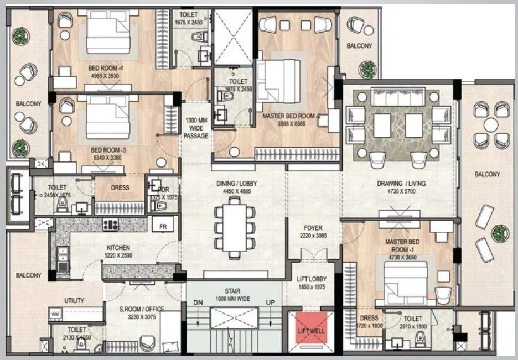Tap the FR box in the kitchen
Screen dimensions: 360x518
[x=163, y=226]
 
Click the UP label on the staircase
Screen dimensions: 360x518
[x=271, y=302]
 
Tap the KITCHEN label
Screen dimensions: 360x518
[x=118, y=248]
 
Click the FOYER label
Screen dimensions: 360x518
[x=313, y=228]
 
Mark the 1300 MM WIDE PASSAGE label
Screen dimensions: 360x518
[x=196, y=128]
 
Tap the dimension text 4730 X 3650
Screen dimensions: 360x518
[x=402, y=257]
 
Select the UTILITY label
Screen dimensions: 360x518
[x=75, y=301]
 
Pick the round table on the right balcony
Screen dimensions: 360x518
[x=490, y=124]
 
